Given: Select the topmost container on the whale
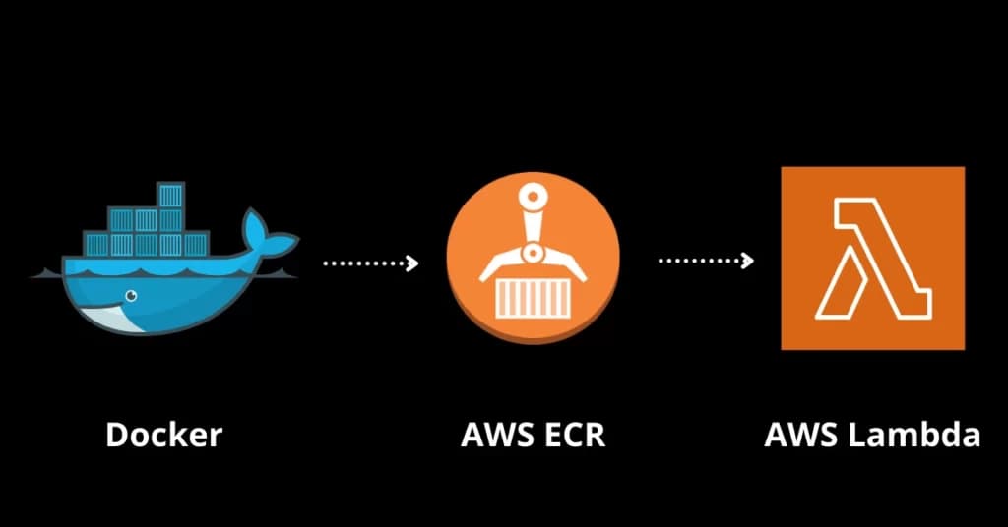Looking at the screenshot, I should pos(171,195).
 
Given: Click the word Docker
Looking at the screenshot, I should pos(164,435).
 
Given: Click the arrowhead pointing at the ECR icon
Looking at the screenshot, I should pos(412,263).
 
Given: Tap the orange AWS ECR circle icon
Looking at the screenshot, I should pos(533,262).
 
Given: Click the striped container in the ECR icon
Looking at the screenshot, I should pos(533,298).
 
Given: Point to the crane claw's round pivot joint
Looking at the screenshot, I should pos(533,254).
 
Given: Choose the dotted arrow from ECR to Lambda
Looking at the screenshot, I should pos(703,261).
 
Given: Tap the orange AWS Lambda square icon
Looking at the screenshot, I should pos(872,258).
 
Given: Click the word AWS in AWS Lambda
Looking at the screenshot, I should pos(800,435).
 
